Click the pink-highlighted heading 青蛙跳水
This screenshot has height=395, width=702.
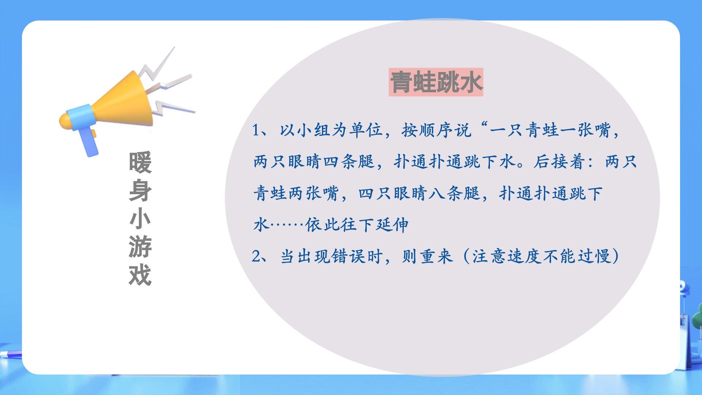[x=436, y=82]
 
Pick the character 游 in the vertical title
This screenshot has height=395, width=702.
[x=140, y=247]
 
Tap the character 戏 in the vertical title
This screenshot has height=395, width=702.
[x=140, y=275]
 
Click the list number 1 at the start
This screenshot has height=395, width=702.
[x=256, y=130]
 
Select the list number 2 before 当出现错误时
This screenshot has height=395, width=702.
[x=256, y=256]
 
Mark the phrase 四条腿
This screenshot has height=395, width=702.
[x=349, y=162]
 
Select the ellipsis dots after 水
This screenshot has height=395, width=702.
[x=287, y=225]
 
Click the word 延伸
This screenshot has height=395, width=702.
[x=393, y=225]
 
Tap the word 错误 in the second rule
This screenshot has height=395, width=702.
[x=349, y=256]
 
